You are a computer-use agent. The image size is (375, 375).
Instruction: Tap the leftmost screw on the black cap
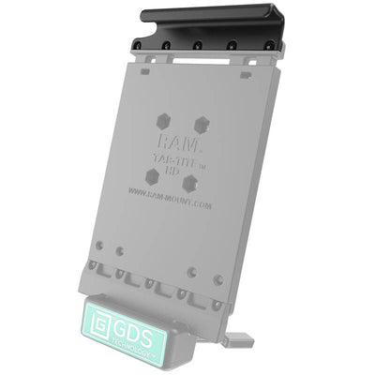coord(138,46)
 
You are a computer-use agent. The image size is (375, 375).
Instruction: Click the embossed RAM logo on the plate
coord(178,141)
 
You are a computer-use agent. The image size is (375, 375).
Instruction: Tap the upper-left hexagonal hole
coord(163,121)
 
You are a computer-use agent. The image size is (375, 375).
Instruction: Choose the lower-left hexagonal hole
coord(152,176)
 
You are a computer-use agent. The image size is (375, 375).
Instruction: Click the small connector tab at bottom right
coord(241,335)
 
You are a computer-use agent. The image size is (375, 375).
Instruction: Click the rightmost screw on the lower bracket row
coord(219,279)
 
